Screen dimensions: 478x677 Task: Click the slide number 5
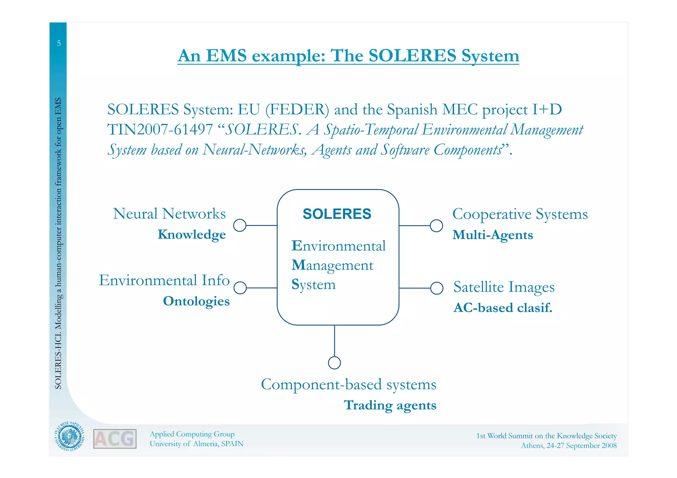(59, 43)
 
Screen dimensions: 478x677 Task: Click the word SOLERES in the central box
(337, 214)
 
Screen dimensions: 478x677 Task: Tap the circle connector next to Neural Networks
(240, 226)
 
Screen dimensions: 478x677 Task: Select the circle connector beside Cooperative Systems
(436, 226)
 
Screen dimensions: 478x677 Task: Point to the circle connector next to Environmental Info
(240, 288)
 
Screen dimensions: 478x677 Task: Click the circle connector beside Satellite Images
(437, 288)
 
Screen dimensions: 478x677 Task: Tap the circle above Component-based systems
(335, 363)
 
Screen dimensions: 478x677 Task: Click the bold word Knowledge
(192, 235)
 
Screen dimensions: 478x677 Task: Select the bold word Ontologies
(196, 301)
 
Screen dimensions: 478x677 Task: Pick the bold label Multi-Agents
(493, 235)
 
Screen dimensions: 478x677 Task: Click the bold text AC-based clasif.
(502, 308)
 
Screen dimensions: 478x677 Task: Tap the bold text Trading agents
(390, 405)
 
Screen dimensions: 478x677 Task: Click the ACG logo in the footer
(115, 439)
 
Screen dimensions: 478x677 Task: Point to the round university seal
(69, 437)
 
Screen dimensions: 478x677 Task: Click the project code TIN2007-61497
(160, 129)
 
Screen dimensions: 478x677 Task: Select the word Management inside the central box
(332, 266)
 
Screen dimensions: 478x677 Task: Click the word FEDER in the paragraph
(297, 110)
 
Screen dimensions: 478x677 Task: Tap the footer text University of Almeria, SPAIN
(196, 444)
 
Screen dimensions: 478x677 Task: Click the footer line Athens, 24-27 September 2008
(569, 446)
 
